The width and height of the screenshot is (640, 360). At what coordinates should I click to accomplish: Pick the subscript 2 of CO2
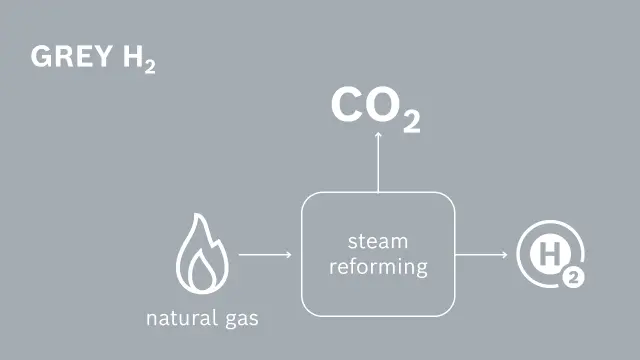pos(411,121)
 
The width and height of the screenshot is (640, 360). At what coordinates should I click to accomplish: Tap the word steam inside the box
pos(377,241)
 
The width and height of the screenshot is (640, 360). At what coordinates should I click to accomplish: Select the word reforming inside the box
pos(378,267)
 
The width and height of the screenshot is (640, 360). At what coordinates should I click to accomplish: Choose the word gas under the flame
pos(241,320)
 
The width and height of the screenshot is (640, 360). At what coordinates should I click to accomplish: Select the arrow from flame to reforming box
pos(265,254)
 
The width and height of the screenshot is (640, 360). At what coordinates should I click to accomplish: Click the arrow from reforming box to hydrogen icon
pos(481,254)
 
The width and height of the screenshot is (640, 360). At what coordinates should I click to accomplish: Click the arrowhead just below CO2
pos(377,135)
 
